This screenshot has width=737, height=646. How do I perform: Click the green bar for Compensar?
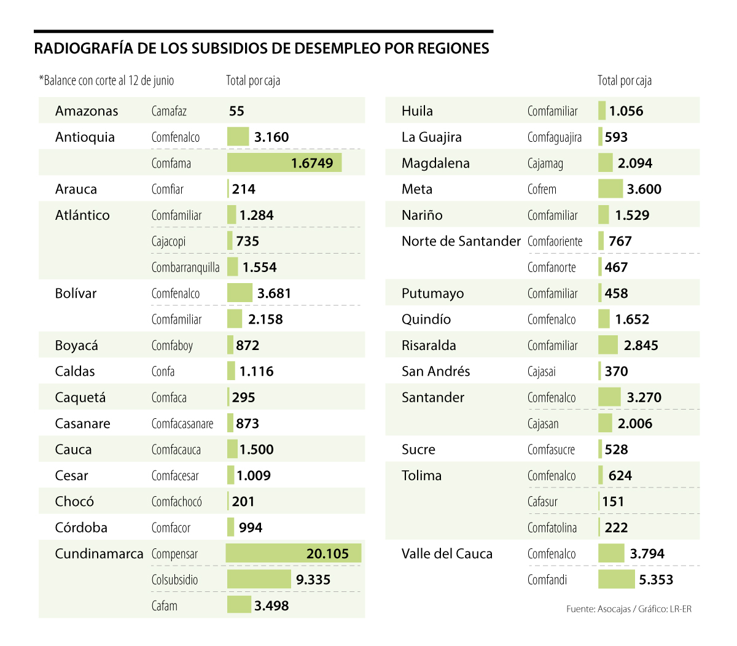(293, 553)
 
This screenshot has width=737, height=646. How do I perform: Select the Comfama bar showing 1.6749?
(284, 163)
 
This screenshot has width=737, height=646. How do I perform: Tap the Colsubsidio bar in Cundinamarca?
(259, 579)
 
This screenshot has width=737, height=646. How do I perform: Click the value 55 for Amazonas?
(236, 111)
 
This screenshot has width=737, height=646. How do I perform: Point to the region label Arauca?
(76, 189)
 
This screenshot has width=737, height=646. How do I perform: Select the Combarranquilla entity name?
(185, 267)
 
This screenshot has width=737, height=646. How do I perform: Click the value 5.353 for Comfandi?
(656, 580)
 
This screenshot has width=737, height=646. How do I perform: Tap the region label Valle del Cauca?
(446, 554)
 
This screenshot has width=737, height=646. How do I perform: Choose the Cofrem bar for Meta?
(610, 189)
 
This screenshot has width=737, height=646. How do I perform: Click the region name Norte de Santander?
(461, 241)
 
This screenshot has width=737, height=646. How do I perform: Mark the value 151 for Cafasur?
(613, 502)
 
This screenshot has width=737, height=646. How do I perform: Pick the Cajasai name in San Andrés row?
(542, 372)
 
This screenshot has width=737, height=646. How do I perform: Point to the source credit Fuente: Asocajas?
(598, 609)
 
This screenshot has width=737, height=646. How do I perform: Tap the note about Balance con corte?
(107, 80)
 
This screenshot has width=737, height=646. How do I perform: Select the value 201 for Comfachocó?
(243, 502)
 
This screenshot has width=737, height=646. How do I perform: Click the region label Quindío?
(426, 319)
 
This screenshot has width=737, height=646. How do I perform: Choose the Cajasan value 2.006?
(635, 424)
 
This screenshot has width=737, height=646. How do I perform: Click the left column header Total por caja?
(253, 80)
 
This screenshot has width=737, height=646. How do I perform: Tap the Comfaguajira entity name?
(554, 137)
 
